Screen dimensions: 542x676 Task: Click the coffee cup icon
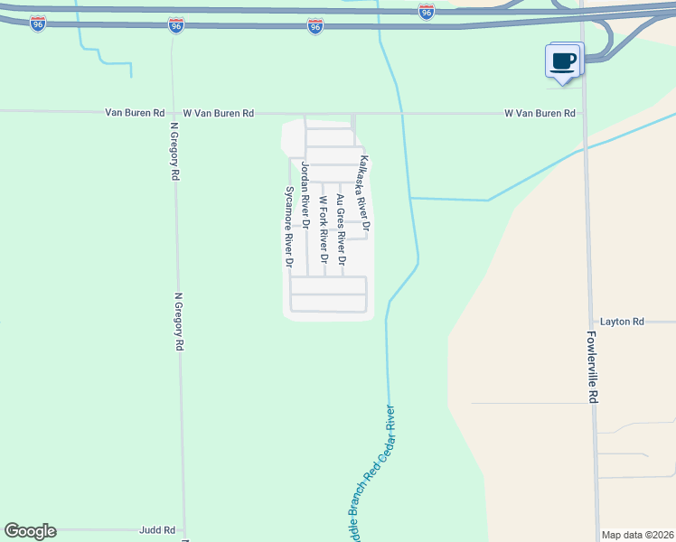click(x=563, y=61)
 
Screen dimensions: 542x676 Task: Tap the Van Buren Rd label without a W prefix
click(x=135, y=113)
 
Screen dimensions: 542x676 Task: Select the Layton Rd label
click(x=622, y=322)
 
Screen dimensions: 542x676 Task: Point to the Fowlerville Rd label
click(x=592, y=366)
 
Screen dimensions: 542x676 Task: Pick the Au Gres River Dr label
click(x=340, y=228)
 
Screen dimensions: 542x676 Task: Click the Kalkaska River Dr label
click(x=365, y=192)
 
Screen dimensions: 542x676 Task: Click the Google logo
click(x=30, y=531)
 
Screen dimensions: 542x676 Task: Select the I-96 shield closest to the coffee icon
click(x=427, y=11)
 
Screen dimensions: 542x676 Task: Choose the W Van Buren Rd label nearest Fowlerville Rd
click(x=540, y=114)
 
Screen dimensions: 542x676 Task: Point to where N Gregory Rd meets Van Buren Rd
click(x=172, y=113)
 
